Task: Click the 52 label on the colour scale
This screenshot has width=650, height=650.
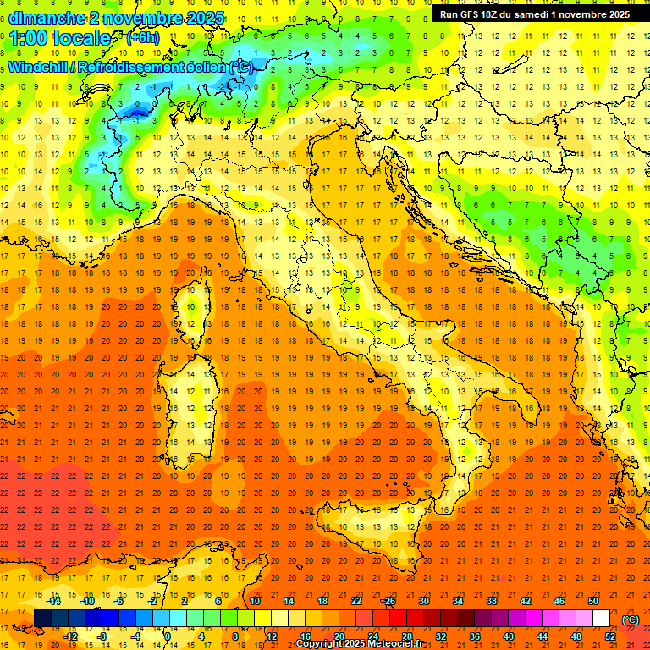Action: point(609,636)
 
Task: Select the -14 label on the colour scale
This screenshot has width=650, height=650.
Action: point(54,601)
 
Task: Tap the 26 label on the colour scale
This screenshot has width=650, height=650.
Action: point(389,601)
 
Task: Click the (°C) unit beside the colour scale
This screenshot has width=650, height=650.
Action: point(631,620)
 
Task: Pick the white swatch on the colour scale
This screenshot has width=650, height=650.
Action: point(601,619)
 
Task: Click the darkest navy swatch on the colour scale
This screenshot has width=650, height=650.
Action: point(42,619)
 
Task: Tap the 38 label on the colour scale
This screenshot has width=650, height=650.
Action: point(491,601)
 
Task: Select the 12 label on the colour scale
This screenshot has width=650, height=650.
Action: point(271,636)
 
